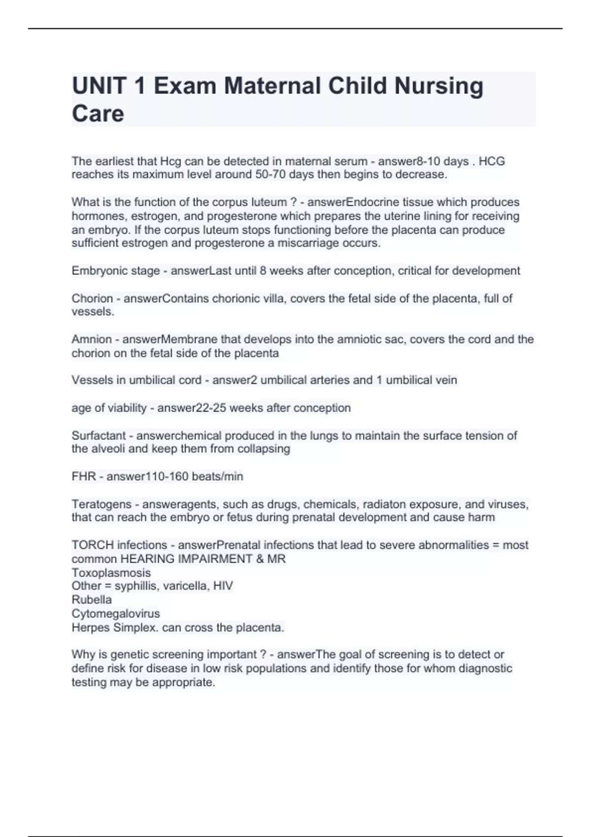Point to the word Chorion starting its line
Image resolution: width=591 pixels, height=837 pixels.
point(92,298)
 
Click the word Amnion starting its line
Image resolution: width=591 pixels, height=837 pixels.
point(92,339)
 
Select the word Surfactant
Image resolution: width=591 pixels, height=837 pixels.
point(98,436)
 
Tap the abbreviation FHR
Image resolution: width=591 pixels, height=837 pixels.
point(83,477)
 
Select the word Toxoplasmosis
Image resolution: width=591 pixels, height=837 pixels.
point(111,573)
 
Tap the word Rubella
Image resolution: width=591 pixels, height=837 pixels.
point(92,600)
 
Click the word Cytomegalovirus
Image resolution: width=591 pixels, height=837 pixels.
point(116,614)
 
